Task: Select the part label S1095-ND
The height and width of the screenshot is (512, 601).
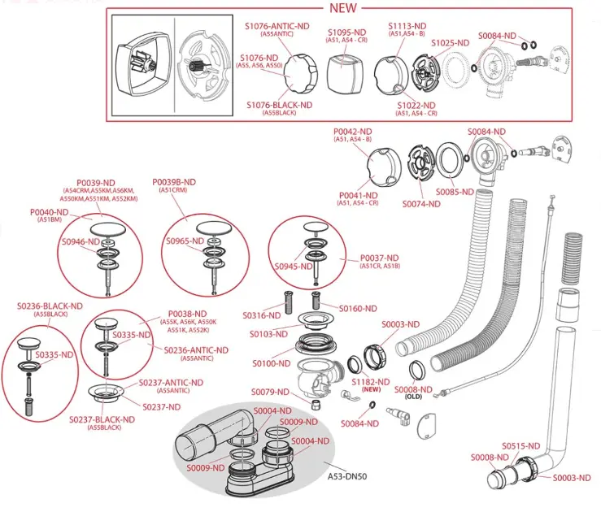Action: (x=347, y=33)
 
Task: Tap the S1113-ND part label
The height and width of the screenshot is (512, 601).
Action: (x=407, y=26)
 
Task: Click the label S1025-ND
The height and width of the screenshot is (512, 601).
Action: (x=450, y=42)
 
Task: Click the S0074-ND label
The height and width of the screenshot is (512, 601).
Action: (x=420, y=205)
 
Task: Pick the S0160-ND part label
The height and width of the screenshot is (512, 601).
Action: (x=359, y=309)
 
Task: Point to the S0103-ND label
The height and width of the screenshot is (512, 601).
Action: (x=269, y=333)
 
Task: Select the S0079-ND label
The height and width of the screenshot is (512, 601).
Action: (x=269, y=392)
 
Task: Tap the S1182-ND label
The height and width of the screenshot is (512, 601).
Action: (x=371, y=381)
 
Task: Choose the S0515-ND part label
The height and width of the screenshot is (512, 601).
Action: (x=520, y=446)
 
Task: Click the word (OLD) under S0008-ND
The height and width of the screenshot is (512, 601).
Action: (x=414, y=397)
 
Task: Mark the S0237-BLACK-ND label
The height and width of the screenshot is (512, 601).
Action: (x=101, y=419)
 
